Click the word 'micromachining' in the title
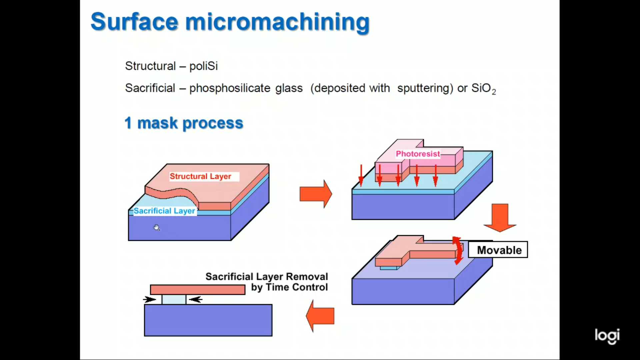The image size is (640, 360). pos(277,22)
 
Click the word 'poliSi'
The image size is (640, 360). pos(203,66)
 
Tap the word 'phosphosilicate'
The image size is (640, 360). pos(230,88)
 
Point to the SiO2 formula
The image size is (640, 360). pos(483,88)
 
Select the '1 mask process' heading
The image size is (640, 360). pos(184,123)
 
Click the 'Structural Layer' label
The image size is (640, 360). pos(200,176)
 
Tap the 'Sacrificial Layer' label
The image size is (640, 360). pos(164,211)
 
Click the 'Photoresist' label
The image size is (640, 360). pos(418,154)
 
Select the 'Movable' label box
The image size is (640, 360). pos(498,250)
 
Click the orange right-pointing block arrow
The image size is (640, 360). pos(315,194)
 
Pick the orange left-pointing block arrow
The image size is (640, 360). pos(320,316)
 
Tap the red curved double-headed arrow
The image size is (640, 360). pos(458,251)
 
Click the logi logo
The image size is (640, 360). pos(607,336)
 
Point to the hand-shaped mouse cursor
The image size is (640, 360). pos(157,228)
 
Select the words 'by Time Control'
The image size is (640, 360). pos(289,287)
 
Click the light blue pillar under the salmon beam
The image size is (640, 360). pos(174,299)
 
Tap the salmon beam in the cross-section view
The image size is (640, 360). pos(198,289)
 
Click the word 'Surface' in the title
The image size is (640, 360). pos(134,22)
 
